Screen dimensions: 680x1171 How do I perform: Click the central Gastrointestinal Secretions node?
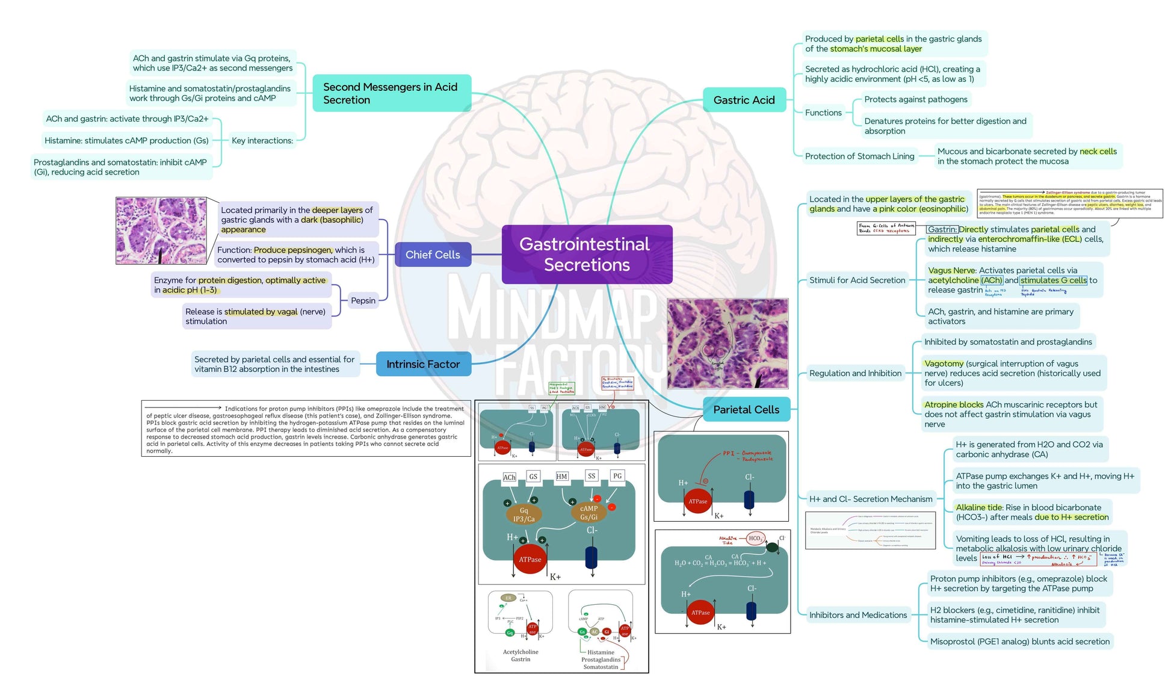(587, 254)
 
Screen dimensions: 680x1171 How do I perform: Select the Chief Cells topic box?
(433, 255)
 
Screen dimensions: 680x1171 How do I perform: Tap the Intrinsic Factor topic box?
(423, 364)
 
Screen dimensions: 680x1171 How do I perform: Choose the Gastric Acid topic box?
(744, 100)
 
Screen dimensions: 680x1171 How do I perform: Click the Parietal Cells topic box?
(746, 409)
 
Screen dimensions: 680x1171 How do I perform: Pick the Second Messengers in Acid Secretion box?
(391, 93)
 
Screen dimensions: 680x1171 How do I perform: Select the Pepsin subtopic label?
(363, 300)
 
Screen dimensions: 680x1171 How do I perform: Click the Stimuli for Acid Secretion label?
(857, 280)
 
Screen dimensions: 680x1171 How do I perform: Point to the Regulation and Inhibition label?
(855, 373)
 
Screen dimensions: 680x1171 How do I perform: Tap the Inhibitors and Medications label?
(857, 615)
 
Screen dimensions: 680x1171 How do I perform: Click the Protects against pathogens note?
(915, 99)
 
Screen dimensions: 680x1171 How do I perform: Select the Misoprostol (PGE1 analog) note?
(1019, 641)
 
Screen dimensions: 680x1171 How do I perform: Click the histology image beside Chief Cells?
(161, 230)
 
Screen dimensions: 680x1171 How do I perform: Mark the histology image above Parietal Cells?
(727, 343)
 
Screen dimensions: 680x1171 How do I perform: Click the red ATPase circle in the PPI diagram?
(697, 501)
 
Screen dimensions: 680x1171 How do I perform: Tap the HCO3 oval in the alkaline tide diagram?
(755, 539)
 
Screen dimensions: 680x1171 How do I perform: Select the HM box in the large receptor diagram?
(561, 476)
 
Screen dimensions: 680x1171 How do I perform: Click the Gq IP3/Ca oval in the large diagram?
(524, 515)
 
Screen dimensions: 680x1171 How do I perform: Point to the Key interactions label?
(262, 140)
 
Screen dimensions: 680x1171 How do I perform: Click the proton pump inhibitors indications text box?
(306, 428)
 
